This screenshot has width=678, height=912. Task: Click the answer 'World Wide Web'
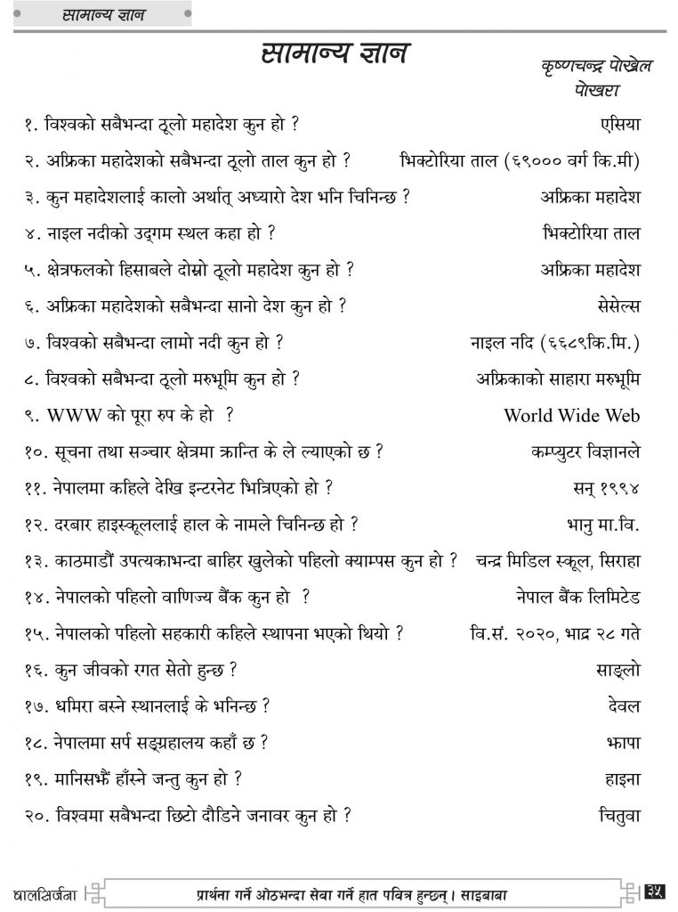click(571, 415)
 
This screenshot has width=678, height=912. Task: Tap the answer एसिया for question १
click(620, 123)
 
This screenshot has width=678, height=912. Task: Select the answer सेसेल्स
click(614, 305)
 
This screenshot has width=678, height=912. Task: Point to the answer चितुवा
click(619, 814)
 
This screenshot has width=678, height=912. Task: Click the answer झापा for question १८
click(626, 741)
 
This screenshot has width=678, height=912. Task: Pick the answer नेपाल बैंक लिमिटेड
click(577, 596)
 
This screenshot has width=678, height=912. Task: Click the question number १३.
click(37, 560)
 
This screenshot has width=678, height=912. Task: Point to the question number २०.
click(37, 814)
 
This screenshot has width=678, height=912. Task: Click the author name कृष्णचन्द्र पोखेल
click(596, 69)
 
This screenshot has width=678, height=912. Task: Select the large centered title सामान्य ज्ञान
click(335, 53)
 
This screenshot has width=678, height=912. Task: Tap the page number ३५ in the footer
click(658, 890)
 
